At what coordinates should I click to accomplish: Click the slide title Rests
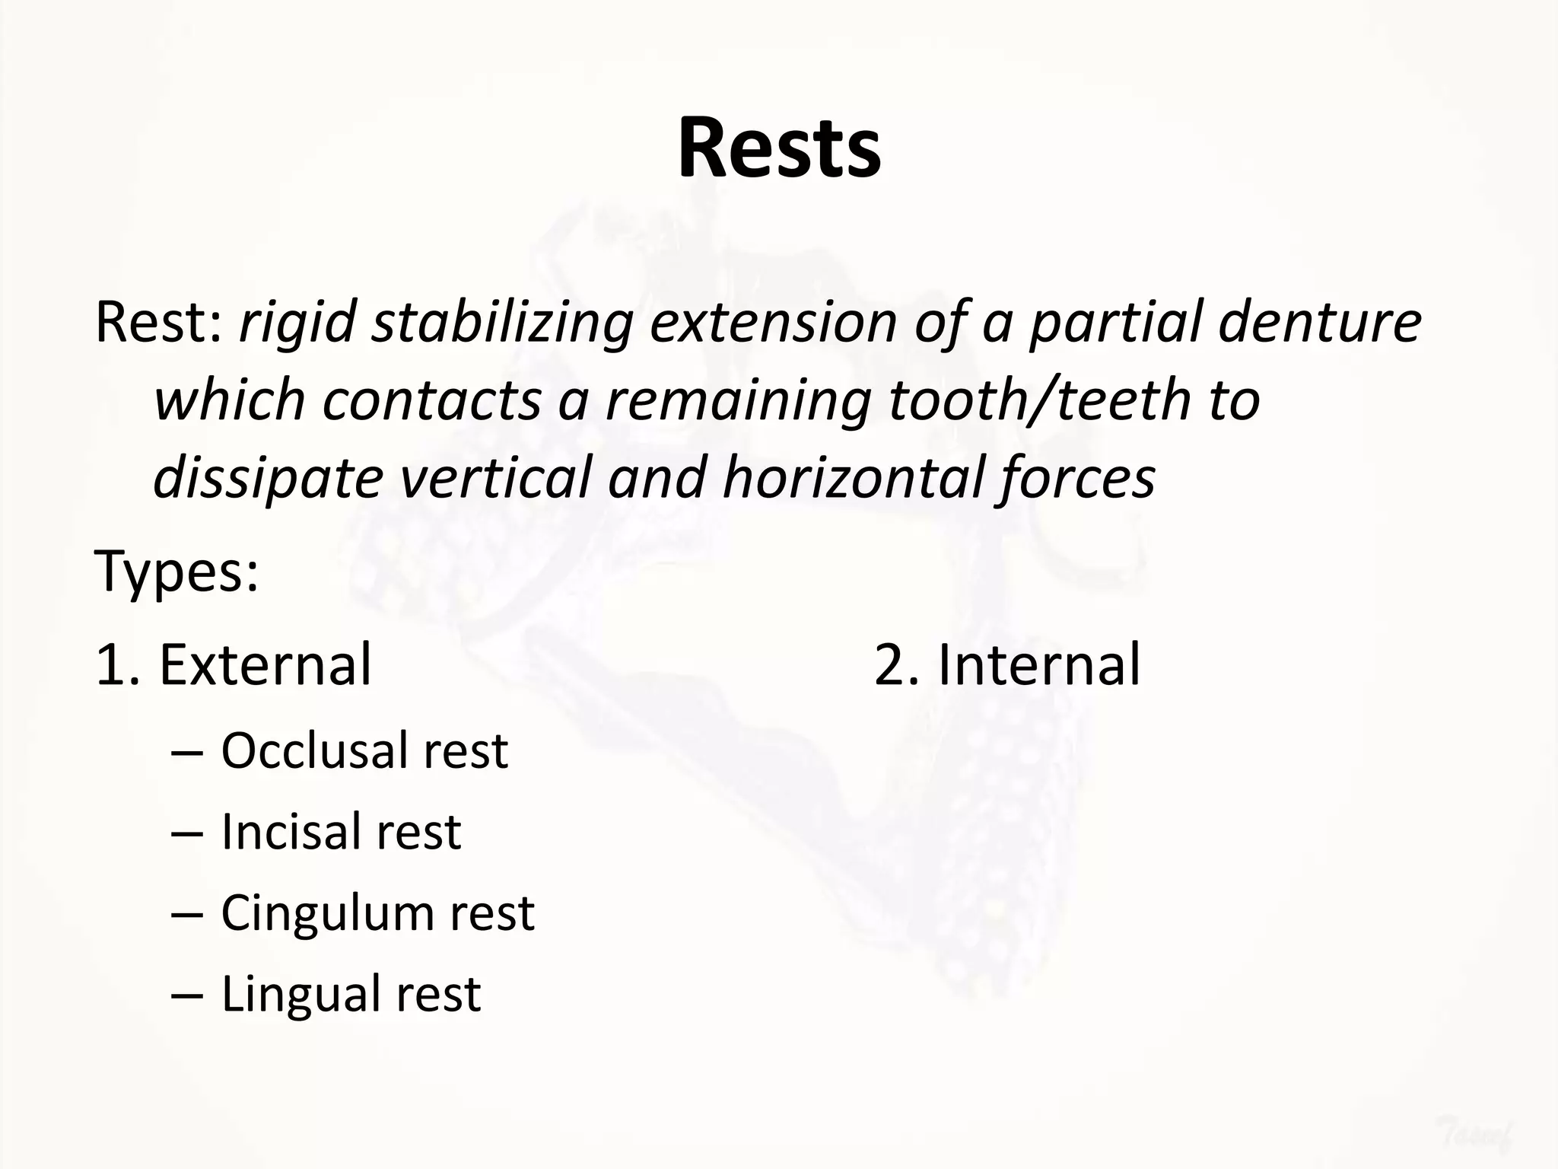pos(779,148)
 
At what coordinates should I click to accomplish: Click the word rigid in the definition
pos(297,323)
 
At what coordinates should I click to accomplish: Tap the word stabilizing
pos(502,323)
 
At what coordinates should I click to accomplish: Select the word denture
pos(1319,323)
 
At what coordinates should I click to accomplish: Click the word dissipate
pos(268,478)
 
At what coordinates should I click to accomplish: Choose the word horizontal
pos(851,478)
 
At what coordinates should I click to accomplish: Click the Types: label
pos(176,571)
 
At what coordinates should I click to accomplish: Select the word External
pos(265,664)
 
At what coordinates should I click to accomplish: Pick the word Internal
pos(1038,664)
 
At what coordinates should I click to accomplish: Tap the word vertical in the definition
pos(495,478)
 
